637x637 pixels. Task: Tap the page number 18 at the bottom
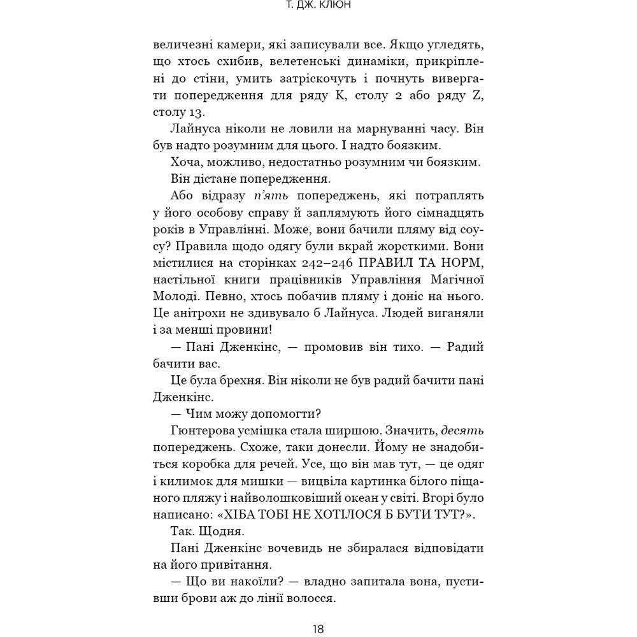[318, 629]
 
